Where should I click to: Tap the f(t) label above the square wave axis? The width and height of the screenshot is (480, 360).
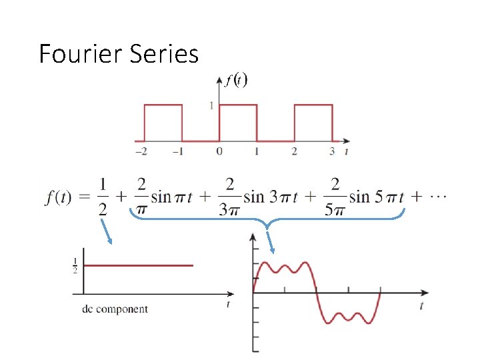[237, 81]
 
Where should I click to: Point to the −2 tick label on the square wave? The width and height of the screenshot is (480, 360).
[141, 151]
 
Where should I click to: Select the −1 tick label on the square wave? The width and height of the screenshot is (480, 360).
[178, 151]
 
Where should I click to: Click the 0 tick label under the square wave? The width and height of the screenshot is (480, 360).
[219, 151]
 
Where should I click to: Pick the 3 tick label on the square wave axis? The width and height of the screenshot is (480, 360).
[332, 151]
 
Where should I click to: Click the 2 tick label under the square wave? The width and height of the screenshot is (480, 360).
[294, 151]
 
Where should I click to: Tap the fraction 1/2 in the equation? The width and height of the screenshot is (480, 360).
[102, 196]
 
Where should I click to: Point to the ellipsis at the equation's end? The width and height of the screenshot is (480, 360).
[439, 197]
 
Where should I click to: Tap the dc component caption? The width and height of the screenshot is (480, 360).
[115, 309]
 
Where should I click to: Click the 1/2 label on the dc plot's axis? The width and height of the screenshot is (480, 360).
[76, 265]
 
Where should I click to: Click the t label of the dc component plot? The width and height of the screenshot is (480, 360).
[228, 305]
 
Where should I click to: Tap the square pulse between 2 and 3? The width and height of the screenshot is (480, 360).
[313, 105]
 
